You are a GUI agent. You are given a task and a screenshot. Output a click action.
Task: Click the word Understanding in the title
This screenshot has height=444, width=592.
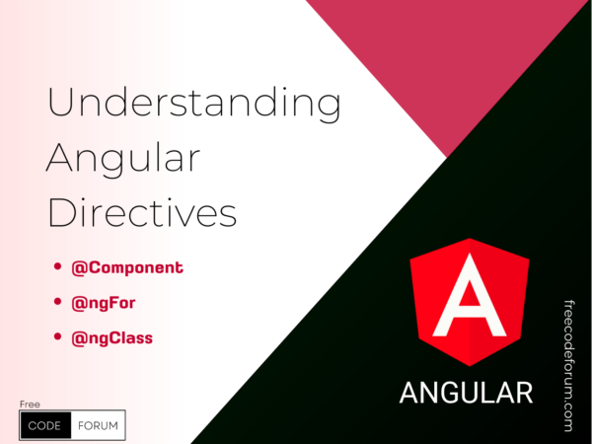194,104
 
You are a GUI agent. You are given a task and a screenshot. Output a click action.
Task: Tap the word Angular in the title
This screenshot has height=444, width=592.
123,159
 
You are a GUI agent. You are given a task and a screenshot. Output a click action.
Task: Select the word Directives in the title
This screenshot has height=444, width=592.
142,212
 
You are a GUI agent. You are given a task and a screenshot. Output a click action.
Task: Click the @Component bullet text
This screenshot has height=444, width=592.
127,267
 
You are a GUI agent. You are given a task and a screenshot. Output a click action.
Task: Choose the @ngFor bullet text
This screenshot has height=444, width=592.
103,303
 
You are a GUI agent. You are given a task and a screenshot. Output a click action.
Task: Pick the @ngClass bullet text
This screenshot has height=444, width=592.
112,337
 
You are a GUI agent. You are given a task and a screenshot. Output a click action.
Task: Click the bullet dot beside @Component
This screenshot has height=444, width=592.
57,266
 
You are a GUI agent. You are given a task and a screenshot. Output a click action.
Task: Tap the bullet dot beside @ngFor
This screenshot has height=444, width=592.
57,301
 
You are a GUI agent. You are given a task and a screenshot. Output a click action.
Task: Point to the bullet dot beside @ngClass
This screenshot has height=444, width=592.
57,336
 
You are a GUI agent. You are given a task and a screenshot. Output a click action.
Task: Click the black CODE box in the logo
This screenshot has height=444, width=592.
45,425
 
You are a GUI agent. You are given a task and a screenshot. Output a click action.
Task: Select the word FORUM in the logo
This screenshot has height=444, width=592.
98,426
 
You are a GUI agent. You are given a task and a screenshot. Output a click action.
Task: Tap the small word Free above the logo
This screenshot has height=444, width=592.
30,405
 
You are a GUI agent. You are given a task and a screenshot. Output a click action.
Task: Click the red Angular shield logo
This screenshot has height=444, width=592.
470,302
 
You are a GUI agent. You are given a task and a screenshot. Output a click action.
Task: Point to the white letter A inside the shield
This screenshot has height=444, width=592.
470,295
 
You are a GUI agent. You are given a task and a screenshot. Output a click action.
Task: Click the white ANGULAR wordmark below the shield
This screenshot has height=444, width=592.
466,393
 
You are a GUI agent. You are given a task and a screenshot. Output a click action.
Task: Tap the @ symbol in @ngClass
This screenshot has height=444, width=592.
80,338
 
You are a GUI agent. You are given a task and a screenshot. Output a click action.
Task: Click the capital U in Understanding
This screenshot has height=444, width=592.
61,103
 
